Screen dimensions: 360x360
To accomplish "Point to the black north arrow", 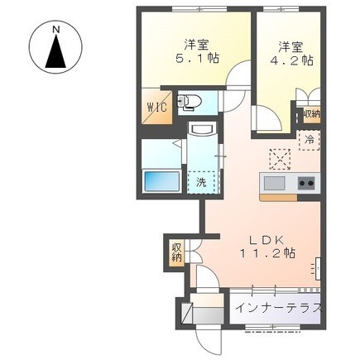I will point(56,53).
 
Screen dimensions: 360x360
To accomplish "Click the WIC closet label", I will point(156,107).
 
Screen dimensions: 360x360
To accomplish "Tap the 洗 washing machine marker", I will point(202,181).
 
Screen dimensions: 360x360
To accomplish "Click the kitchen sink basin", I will point(274,182).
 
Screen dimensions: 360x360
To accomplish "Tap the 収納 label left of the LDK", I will point(176,252).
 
